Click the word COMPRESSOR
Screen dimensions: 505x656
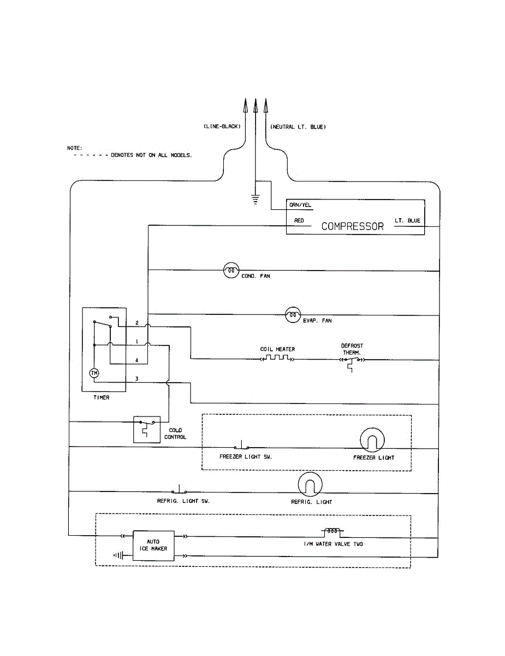[352, 226]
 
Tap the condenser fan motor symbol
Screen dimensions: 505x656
[231, 270]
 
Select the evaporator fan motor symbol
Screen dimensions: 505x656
[293, 315]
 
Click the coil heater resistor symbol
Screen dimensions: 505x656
[277, 358]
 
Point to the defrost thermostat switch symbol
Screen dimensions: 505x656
[352, 363]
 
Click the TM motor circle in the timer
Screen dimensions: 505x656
[94, 373]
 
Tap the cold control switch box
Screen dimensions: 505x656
[147, 430]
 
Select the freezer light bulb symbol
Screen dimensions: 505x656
[372, 440]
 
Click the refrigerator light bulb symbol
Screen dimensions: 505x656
[310, 484]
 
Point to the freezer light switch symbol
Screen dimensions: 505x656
[241, 446]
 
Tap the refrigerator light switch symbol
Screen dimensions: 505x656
[179, 490]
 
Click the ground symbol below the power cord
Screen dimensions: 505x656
[256, 200]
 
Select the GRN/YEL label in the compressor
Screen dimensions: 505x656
[300, 205]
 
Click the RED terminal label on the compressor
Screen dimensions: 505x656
[299, 221]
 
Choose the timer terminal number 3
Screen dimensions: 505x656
[136, 379]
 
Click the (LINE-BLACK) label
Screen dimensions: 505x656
[222, 126]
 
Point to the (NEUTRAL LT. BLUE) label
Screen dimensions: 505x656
[298, 127]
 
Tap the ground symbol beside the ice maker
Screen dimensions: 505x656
[118, 555]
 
